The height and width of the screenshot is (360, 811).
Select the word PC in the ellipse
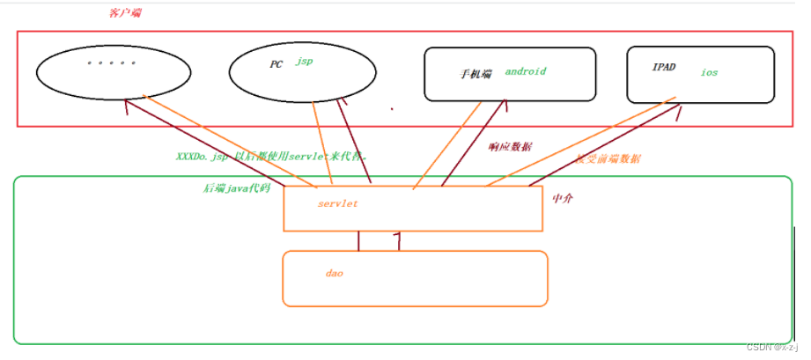276,64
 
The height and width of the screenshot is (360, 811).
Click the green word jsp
304,62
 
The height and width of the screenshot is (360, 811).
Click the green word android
526,71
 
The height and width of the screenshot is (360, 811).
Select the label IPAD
664,67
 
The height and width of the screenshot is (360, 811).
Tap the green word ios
709,72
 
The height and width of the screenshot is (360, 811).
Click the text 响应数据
511,147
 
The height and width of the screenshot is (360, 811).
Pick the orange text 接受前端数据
608,159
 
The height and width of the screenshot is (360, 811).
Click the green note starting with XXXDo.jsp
271,156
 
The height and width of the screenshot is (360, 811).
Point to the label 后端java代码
236,188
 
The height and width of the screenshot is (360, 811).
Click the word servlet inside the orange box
338,203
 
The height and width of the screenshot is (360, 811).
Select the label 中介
563,199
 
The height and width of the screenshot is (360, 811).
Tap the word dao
334,274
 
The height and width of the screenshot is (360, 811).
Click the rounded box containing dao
414,280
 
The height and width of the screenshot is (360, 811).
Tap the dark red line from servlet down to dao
358,240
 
